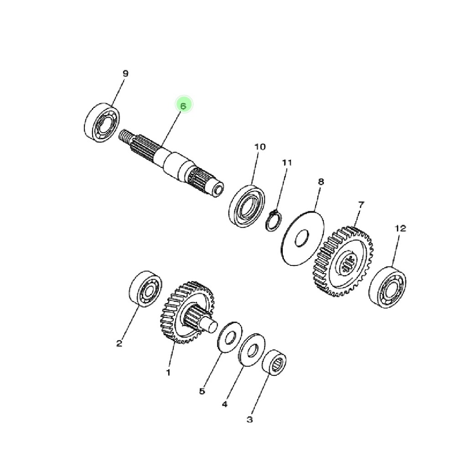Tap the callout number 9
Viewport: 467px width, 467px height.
pos(125,73)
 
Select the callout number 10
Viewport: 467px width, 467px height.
pos(259,147)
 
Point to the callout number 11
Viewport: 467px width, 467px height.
pos(287,162)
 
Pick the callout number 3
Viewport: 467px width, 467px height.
pos(249,420)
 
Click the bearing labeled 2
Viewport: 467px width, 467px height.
pos(145,289)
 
